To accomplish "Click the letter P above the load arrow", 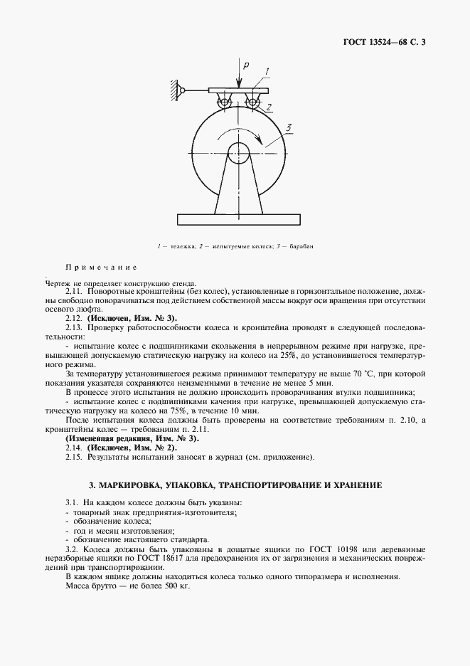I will [x=245, y=65].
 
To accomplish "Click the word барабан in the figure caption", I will [x=301, y=246].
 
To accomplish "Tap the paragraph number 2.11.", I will [x=74, y=292].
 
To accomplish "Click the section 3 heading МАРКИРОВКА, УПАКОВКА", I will [x=235, y=485].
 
